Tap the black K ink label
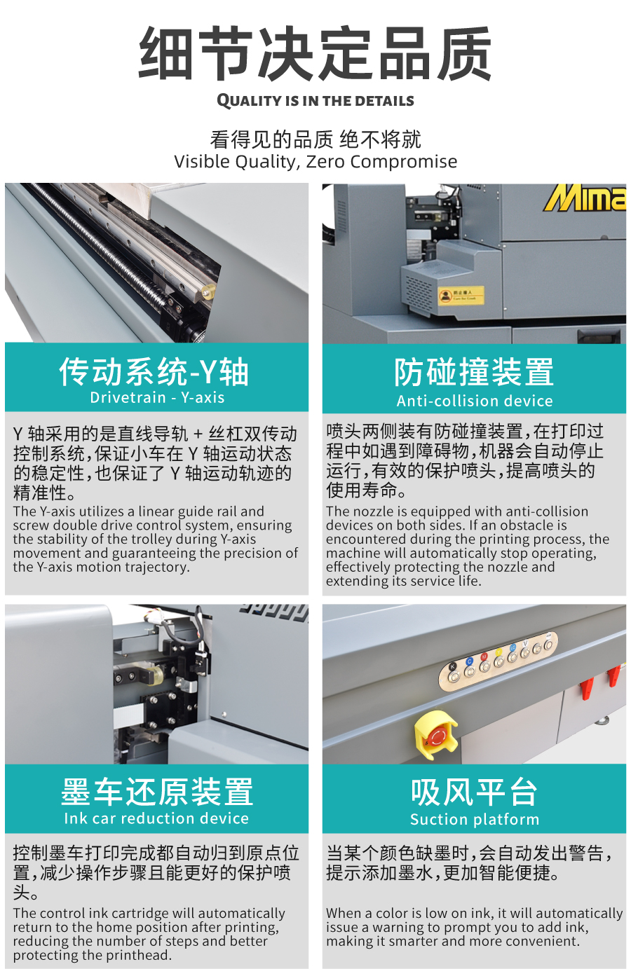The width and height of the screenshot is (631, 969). click(x=452, y=666)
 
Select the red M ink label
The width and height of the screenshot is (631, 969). click(x=484, y=657)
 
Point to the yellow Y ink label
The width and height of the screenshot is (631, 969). click(x=498, y=652)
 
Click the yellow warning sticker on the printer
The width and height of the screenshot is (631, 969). click(x=461, y=295)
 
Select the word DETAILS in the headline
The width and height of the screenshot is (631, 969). click(x=384, y=101)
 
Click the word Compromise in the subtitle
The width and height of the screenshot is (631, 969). click(x=404, y=161)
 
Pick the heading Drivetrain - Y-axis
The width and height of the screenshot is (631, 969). click(x=157, y=397)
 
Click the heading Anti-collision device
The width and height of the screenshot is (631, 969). click(x=475, y=401)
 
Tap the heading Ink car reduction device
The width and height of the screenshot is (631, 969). click(x=156, y=818)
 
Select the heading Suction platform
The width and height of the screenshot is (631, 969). click(x=475, y=819)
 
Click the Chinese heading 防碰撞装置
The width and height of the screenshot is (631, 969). click(x=474, y=371)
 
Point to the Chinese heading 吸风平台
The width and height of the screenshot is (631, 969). click(x=475, y=792)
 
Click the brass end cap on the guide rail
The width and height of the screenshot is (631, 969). click(x=208, y=292)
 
